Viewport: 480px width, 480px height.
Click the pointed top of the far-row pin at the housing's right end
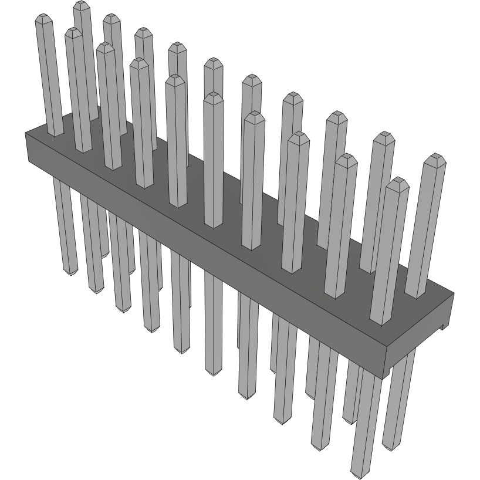[435, 157]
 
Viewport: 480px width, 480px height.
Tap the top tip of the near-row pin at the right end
[398, 180]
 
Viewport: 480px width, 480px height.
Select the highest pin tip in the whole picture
[82, 4]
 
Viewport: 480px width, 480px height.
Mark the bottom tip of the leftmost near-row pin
[70, 273]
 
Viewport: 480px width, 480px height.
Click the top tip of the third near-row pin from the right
[299, 134]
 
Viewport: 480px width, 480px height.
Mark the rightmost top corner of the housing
[454, 293]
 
